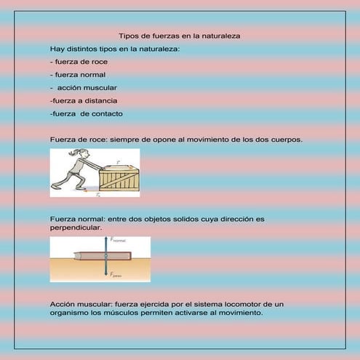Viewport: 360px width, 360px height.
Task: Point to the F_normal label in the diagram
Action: [x=118, y=239]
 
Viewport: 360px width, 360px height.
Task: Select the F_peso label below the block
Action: [x=116, y=276]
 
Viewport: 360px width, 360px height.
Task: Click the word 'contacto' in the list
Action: [x=106, y=113]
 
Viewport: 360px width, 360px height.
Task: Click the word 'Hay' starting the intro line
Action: [x=57, y=49]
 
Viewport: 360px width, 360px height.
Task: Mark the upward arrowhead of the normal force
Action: [x=107, y=239]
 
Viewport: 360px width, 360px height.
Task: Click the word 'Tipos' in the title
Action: [x=127, y=36]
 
